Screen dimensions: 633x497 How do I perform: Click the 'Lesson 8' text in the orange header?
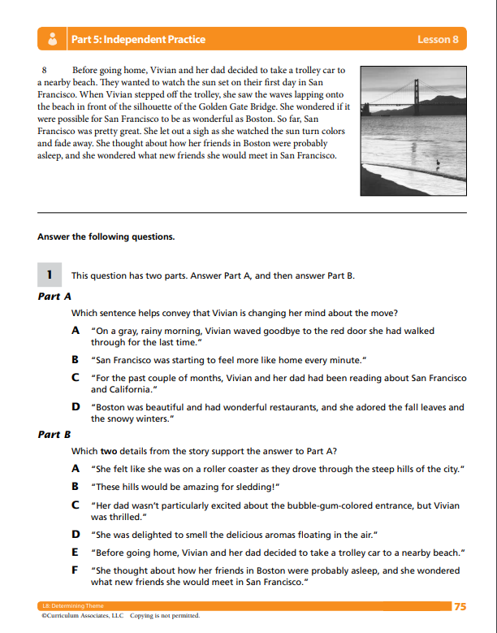(438, 39)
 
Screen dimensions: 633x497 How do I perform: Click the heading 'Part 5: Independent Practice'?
(138, 39)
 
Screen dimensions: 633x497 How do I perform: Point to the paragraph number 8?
(44, 71)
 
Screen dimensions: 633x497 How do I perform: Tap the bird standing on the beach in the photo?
(438, 163)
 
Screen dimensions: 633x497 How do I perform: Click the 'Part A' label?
(54, 297)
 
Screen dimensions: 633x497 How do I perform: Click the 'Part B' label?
(54, 435)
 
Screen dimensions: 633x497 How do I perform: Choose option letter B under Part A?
(75, 358)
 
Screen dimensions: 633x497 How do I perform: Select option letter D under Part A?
(76, 406)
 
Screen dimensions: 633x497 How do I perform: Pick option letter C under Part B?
(75, 504)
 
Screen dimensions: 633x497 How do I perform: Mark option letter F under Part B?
(75, 570)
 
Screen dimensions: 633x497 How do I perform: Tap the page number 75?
(460, 606)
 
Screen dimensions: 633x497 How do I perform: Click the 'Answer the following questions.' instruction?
(106, 237)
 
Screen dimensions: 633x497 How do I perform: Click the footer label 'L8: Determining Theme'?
(67, 606)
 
